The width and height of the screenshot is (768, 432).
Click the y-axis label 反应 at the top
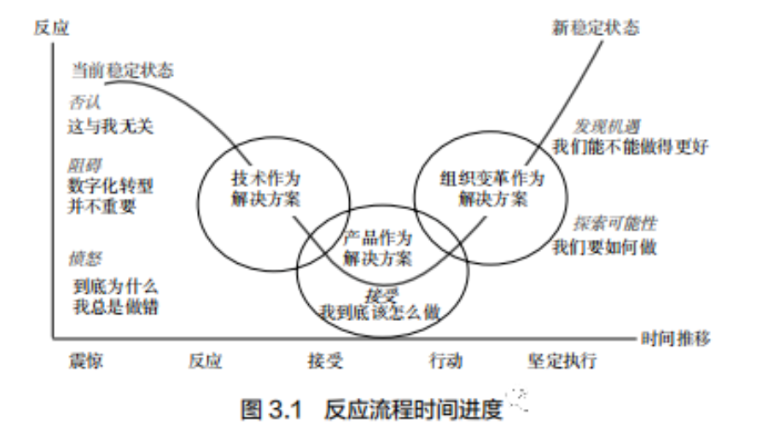click(50, 27)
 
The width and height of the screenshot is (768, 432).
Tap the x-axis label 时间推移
click(676, 337)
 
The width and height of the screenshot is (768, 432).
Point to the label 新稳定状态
click(596, 28)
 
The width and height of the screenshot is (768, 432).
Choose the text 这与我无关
click(109, 127)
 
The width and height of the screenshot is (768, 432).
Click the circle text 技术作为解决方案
click(266, 190)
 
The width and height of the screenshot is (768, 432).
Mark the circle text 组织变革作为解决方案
click(492, 190)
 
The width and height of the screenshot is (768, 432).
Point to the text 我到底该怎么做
click(380, 312)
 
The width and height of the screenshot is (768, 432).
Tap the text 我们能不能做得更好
click(630, 146)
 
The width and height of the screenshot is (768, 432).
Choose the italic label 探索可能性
click(604, 225)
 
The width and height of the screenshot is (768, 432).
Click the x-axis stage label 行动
click(445, 361)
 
